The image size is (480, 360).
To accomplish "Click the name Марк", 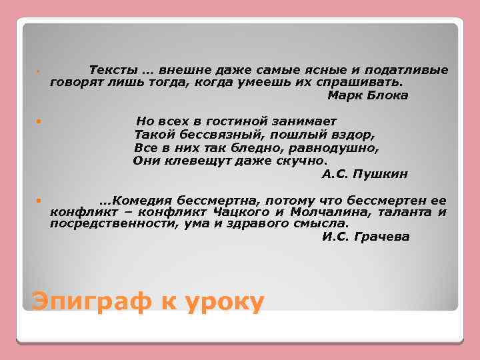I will click(x=343, y=95).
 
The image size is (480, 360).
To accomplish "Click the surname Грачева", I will click(x=383, y=237).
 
